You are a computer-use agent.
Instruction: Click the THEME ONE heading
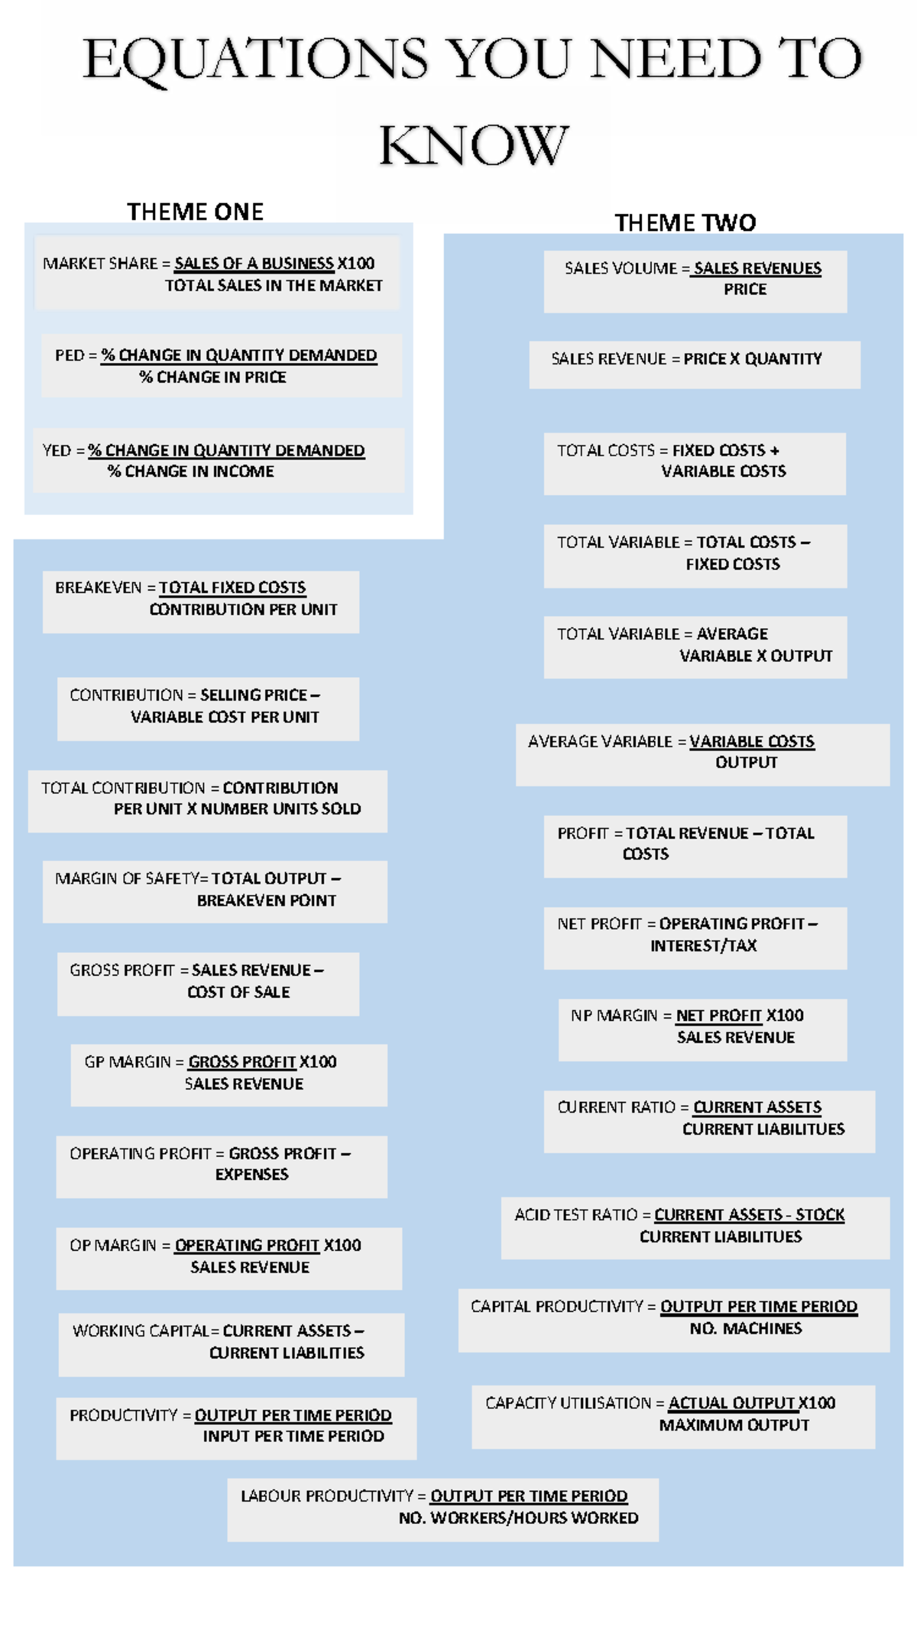click(x=195, y=212)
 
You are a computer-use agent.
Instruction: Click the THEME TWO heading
click(x=685, y=223)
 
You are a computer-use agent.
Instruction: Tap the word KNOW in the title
click(x=474, y=145)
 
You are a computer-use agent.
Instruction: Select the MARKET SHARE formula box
click(x=217, y=273)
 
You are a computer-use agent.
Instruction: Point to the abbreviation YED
click(x=57, y=451)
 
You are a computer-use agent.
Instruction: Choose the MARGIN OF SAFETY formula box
click(x=215, y=892)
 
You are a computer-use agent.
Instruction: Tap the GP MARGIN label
click(x=128, y=1062)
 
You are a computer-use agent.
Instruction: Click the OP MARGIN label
click(x=113, y=1246)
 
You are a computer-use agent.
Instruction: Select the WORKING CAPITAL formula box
click(x=232, y=1345)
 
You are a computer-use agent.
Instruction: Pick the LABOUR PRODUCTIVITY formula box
click(x=442, y=1509)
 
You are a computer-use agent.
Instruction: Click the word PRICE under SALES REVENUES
click(x=745, y=290)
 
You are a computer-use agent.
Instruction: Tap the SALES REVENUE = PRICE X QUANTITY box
click(x=695, y=365)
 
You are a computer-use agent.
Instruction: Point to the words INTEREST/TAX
click(x=704, y=946)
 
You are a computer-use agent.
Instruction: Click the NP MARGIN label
click(x=614, y=1016)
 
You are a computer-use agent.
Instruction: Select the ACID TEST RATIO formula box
click(x=695, y=1228)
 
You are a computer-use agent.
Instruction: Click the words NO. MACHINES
click(x=746, y=1329)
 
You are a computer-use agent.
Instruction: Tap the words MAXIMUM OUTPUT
click(x=734, y=1425)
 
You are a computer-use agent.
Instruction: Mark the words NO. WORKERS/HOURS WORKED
click(x=519, y=1518)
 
